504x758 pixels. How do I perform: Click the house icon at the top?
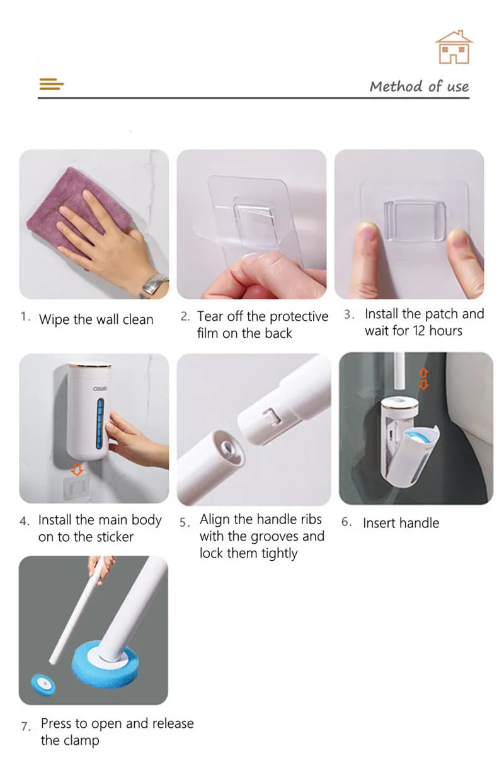[454, 47]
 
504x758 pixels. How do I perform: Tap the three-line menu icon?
[52, 84]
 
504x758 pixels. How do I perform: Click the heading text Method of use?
[419, 86]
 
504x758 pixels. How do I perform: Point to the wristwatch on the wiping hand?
[154, 285]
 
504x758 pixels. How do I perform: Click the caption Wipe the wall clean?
[96, 319]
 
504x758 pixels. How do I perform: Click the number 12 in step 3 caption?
[419, 331]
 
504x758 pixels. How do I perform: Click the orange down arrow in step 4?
[77, 469]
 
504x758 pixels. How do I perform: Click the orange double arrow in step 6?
[424, 378]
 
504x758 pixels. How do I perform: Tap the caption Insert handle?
[401, 523]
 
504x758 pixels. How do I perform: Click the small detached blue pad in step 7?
[43, 682]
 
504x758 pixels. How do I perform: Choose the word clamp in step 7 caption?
[79, 740]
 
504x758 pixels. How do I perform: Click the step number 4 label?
[24, 522]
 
